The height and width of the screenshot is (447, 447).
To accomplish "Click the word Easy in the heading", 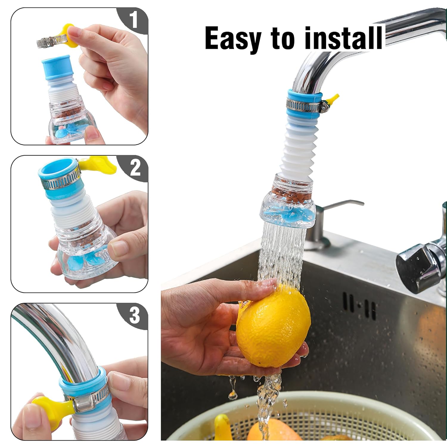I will point(232,39).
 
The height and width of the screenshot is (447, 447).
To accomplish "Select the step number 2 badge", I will point(135,168).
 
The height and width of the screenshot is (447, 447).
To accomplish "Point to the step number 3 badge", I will point(134,316).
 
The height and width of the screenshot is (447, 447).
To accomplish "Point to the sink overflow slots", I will point(359,305).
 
